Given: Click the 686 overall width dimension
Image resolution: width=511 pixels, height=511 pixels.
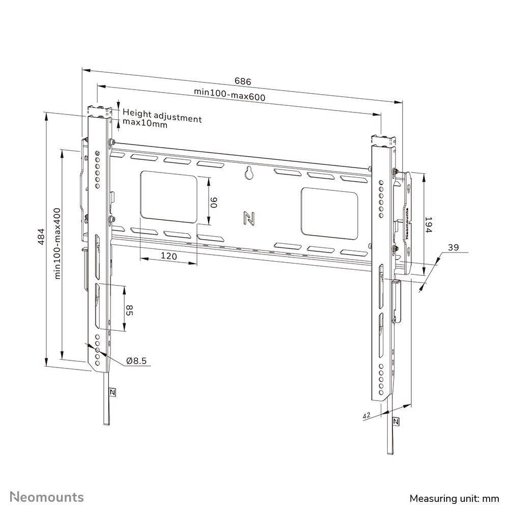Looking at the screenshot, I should [x=243, y=81].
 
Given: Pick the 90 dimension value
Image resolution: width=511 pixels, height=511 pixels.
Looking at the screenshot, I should [x=214, y=203].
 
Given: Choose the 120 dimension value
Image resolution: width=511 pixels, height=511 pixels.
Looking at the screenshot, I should [x=169, y=256].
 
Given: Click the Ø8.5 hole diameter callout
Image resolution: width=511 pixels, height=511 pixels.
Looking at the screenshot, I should [x=136, y=361].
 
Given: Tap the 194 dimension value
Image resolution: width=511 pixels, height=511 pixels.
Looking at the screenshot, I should [x=429, y=224].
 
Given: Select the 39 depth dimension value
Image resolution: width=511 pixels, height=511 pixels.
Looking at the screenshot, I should [x=452, y=247].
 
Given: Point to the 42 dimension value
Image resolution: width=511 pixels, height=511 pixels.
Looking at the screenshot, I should [x=366, y=416].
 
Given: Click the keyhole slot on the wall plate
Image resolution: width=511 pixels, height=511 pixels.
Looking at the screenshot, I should [x=249, y=173].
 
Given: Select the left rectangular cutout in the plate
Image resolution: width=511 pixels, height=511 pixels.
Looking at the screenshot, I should [x=168, y=197].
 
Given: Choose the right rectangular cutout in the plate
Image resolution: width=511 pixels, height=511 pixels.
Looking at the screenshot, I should [x=329, y=213].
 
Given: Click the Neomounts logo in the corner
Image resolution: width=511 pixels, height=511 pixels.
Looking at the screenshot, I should [x=47, y=496].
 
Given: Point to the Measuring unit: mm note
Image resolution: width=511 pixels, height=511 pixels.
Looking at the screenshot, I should [x=455, y=497].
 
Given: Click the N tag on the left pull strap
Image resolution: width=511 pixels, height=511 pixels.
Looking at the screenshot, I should [x=112, y=392].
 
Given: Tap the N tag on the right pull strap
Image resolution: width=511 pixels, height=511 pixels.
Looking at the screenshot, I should [x=396, y=421].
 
